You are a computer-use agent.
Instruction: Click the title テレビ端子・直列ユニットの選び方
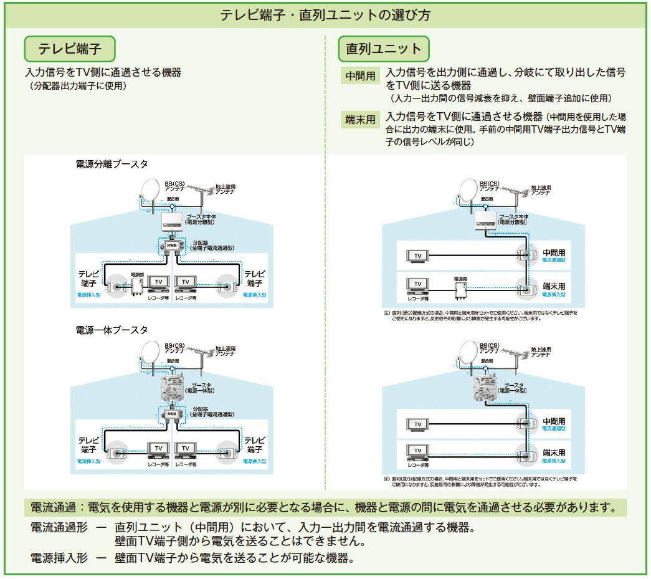pyautogui.click(x=325, y=15)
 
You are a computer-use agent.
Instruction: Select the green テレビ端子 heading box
pyautogui.click(x=70, y=48)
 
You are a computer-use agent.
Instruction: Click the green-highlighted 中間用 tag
pyautogui.click(x=361, y=76)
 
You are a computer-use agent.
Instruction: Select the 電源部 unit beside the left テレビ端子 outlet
pyautogui.click(x=137, y=285)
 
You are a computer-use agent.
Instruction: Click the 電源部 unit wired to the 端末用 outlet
pyautogui.click(x=460, y=289)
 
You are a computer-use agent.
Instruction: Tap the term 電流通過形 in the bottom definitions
pyautogui.click(x=59, y=528)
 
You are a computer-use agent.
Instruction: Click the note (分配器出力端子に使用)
pyautogui.click(x=78, y=86)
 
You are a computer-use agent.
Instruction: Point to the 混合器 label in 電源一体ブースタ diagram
pyautogui.click(x=173, y=361)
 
